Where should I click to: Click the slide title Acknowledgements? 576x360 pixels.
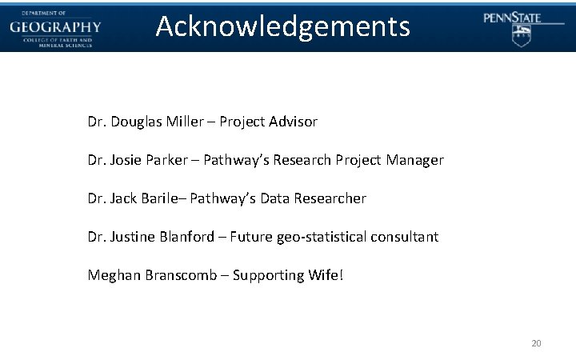283,26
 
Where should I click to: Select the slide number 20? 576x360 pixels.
536,343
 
